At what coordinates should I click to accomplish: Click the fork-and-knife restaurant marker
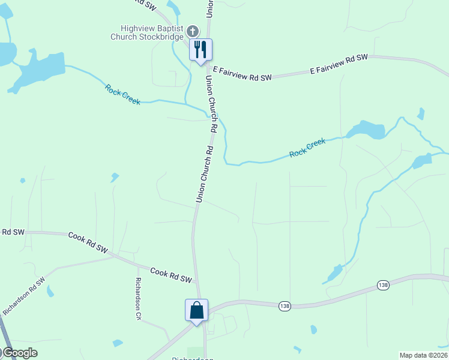tap(200, 49)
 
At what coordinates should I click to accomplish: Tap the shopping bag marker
tap(196, 311)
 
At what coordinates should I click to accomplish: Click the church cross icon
tap(193, 31)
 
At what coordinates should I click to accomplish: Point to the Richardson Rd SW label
tap(24, 296)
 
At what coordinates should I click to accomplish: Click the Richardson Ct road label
tap(138, 298)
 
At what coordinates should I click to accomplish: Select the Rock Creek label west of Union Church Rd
tap(122, 95)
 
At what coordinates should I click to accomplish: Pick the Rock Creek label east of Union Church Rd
tap(307, 148)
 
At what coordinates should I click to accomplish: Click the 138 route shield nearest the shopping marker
tap(285, 306)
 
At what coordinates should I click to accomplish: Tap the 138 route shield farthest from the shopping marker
tap(383, 284)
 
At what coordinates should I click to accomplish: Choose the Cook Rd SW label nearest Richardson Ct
tap(170, 275)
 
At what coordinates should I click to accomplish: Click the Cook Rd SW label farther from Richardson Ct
tap(88, 242)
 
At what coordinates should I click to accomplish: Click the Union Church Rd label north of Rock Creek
tap(211, 103)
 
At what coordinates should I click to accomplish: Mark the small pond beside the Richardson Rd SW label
tap(50, 292)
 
